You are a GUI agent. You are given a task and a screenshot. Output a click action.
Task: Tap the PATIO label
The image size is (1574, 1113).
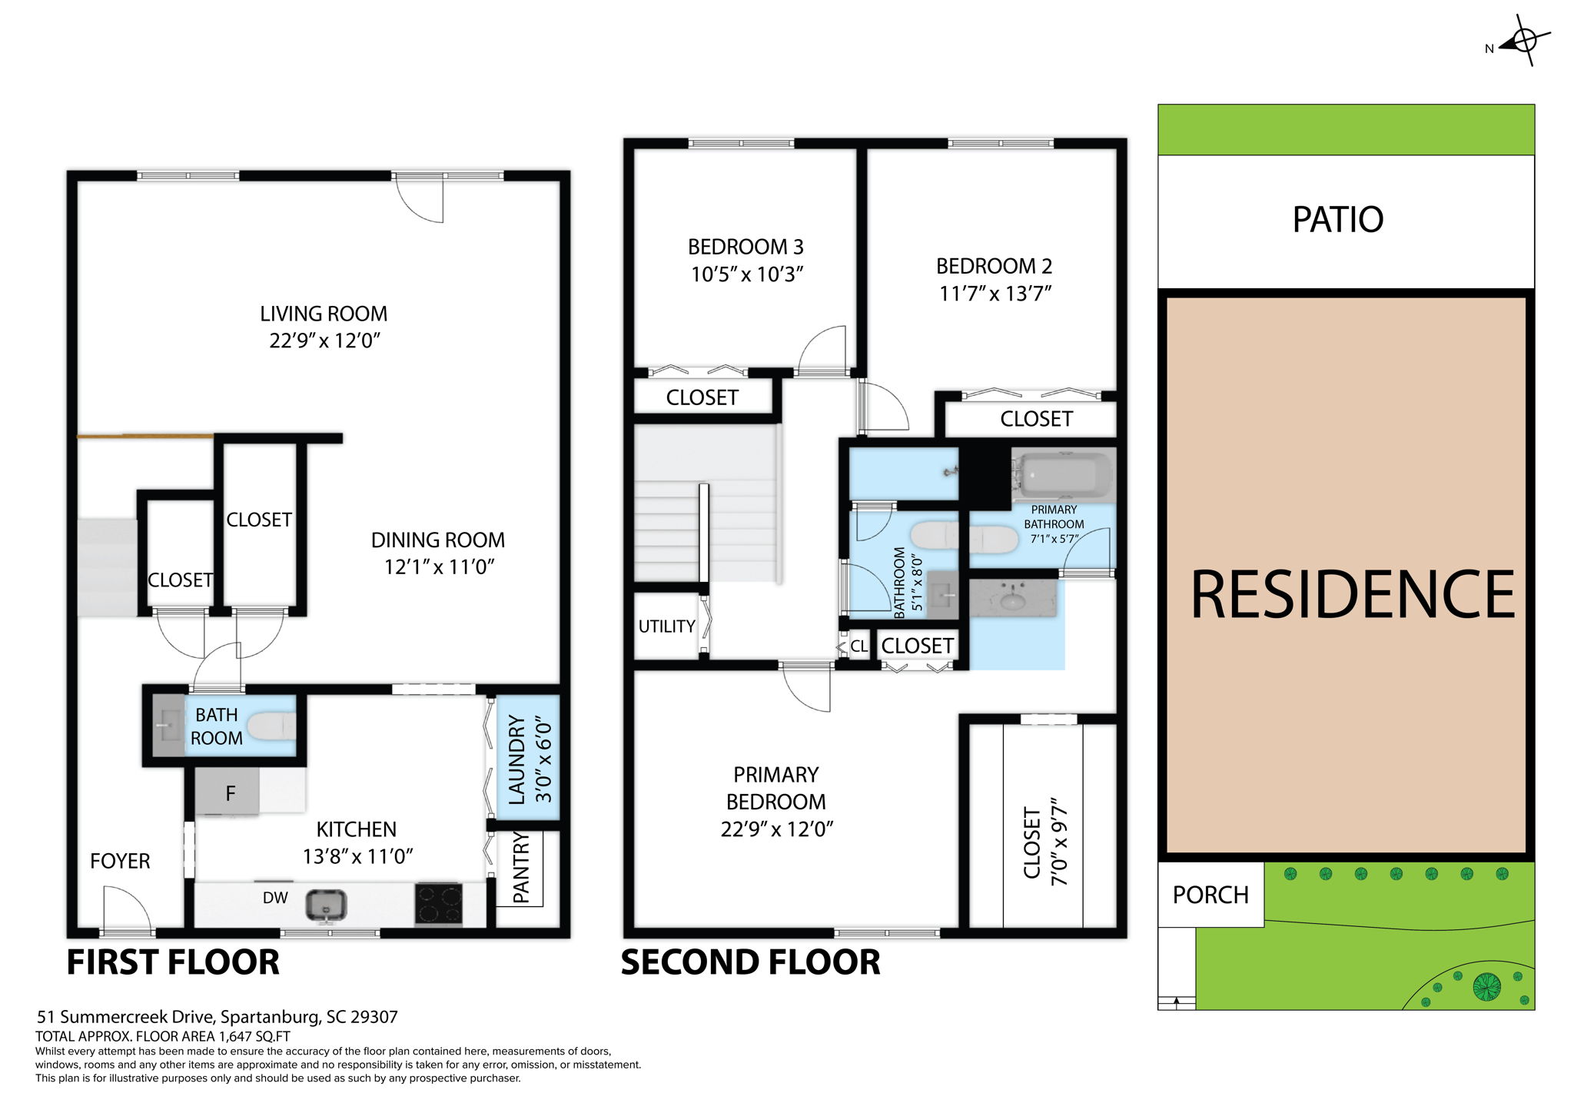tap(1337, 220)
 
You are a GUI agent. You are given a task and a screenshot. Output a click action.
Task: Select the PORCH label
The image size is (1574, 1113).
tap(1210, 895)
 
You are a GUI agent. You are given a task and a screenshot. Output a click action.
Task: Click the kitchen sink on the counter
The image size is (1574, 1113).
tap(326, 904)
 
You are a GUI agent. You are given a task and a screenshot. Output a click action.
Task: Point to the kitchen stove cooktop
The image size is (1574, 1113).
tap(439, 902)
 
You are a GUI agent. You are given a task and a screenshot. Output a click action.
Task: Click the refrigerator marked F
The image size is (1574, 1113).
tap(227, 793)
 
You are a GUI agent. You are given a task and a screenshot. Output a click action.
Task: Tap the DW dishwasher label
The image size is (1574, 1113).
tap(275, 898)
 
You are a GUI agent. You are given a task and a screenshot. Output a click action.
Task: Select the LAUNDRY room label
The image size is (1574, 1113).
tap(517, 759)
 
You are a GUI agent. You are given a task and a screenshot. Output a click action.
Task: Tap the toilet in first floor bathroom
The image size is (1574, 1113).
tap(271, 726)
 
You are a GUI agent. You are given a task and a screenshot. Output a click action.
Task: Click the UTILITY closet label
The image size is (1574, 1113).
tap(666, 626)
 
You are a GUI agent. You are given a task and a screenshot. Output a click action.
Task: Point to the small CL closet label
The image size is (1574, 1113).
tap(858, 646)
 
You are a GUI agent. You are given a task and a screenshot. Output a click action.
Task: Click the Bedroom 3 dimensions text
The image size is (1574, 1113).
tap(746, 274)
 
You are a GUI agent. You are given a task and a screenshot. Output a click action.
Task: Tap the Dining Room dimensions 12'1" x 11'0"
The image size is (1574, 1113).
tap(439, 567)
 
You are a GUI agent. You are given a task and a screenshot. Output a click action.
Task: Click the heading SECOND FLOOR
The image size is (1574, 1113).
tap(750, 962)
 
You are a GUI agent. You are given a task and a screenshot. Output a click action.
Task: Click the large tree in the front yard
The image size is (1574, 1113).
tap(1486, 986)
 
